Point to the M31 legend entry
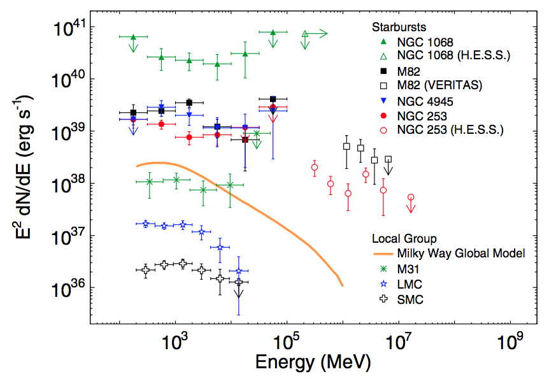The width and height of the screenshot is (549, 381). click(x=408, y=269)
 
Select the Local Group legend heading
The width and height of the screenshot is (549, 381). click(x=404, y=239)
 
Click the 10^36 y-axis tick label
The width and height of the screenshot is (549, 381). click(x=74, y=288)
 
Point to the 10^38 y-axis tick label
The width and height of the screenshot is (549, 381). click(x=74, y=184)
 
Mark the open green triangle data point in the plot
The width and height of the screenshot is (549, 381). click(x=305, y=34)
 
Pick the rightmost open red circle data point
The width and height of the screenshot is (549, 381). click(x=411, y=198)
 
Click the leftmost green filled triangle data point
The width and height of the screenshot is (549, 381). click(x=133, y=37)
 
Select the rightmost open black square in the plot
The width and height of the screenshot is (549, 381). click(x=388, y=159)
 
